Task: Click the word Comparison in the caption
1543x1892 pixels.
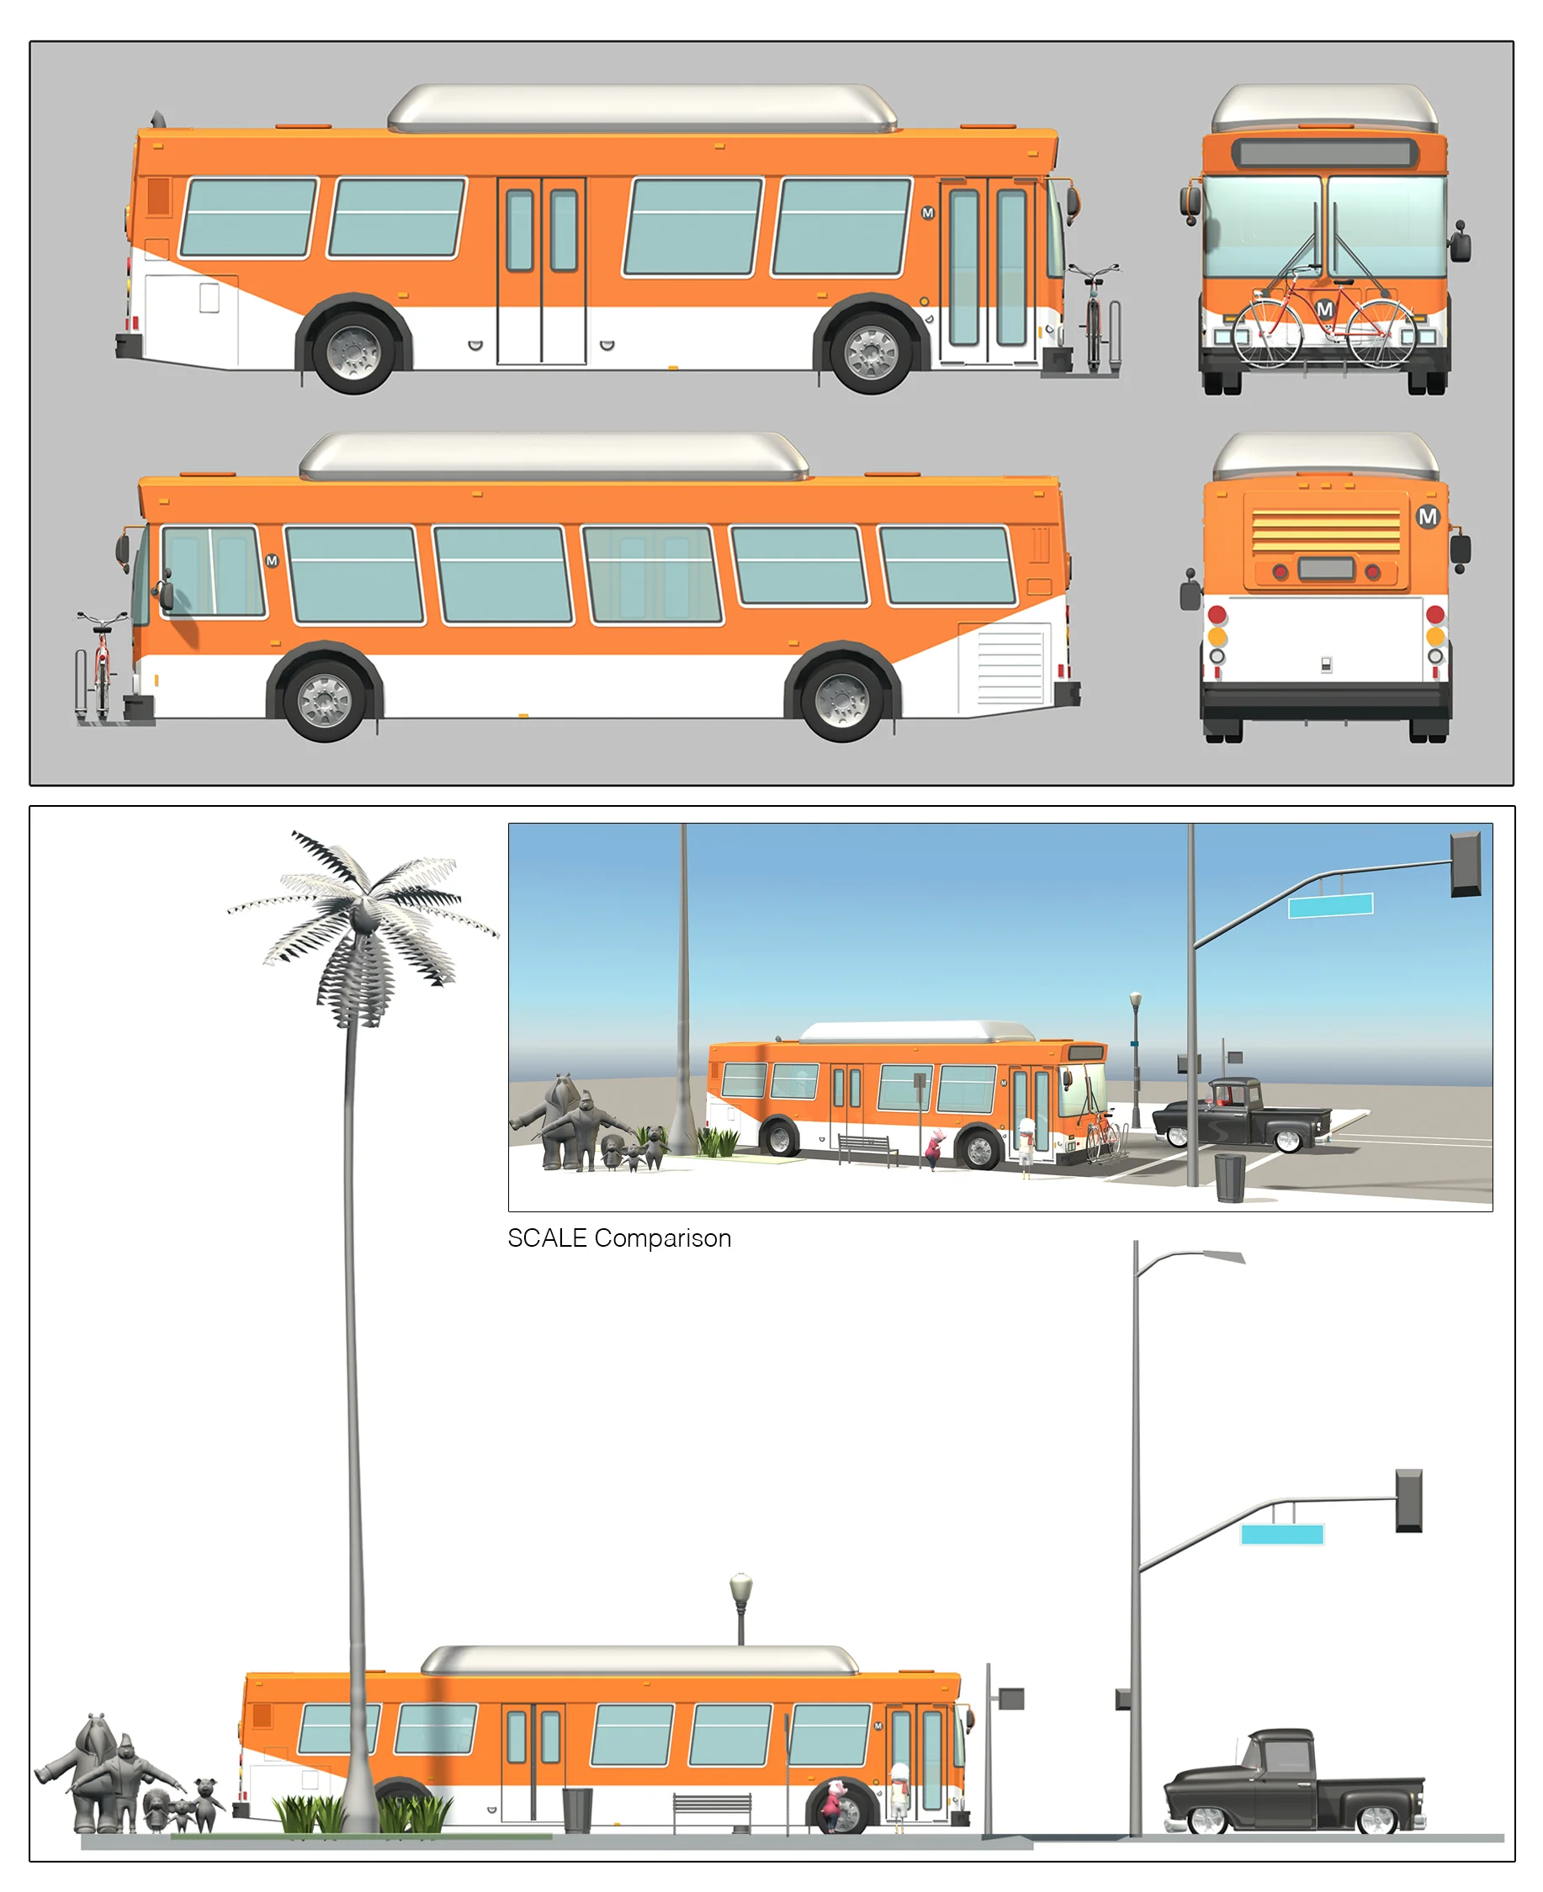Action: coord(663,1239)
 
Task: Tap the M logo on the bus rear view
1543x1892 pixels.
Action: coord(1428,517)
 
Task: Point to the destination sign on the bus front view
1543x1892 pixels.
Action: coord(1324,153)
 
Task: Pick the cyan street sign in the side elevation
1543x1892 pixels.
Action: coord(1281,1534)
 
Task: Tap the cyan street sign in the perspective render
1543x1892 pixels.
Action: coord(1331,905)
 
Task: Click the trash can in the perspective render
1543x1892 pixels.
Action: coord(1229,1177)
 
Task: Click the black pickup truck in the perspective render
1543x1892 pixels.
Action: coord(1242,1115)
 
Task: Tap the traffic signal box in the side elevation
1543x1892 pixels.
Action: coord(1408,1501)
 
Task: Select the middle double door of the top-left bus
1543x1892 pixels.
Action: coord(541,271)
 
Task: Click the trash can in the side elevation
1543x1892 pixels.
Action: coord(577,1810)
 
